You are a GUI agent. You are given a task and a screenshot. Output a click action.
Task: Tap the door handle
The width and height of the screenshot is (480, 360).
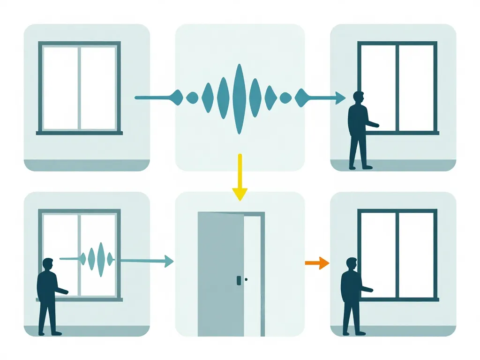click(x=239, y=280)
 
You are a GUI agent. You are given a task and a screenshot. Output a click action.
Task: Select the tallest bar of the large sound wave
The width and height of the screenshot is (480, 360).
click(x=239, y=98)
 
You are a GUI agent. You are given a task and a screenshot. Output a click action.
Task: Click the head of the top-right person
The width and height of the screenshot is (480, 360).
click(x=358, y=98)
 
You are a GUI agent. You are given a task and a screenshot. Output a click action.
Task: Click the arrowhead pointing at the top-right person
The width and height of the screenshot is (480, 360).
click(x=341, y=97)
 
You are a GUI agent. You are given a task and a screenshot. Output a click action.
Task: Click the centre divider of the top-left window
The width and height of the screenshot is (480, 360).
click(x=79, y=88)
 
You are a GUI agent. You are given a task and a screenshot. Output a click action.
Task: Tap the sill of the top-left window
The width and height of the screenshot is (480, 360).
click(x=79, y=133)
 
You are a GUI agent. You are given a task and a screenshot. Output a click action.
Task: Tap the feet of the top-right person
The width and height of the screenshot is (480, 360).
click(x=360, y=166)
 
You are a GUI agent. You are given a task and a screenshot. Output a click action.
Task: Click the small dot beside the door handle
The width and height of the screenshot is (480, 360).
click(x=246, y=280)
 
